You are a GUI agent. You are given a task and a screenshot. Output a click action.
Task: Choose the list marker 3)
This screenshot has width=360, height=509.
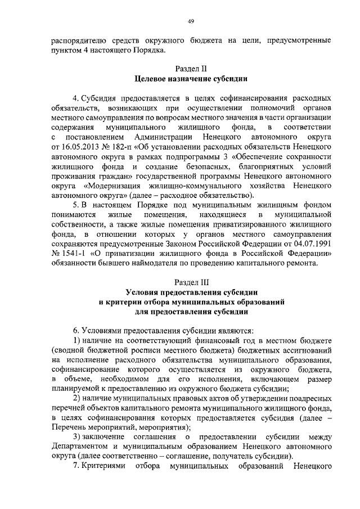(79, 437)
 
